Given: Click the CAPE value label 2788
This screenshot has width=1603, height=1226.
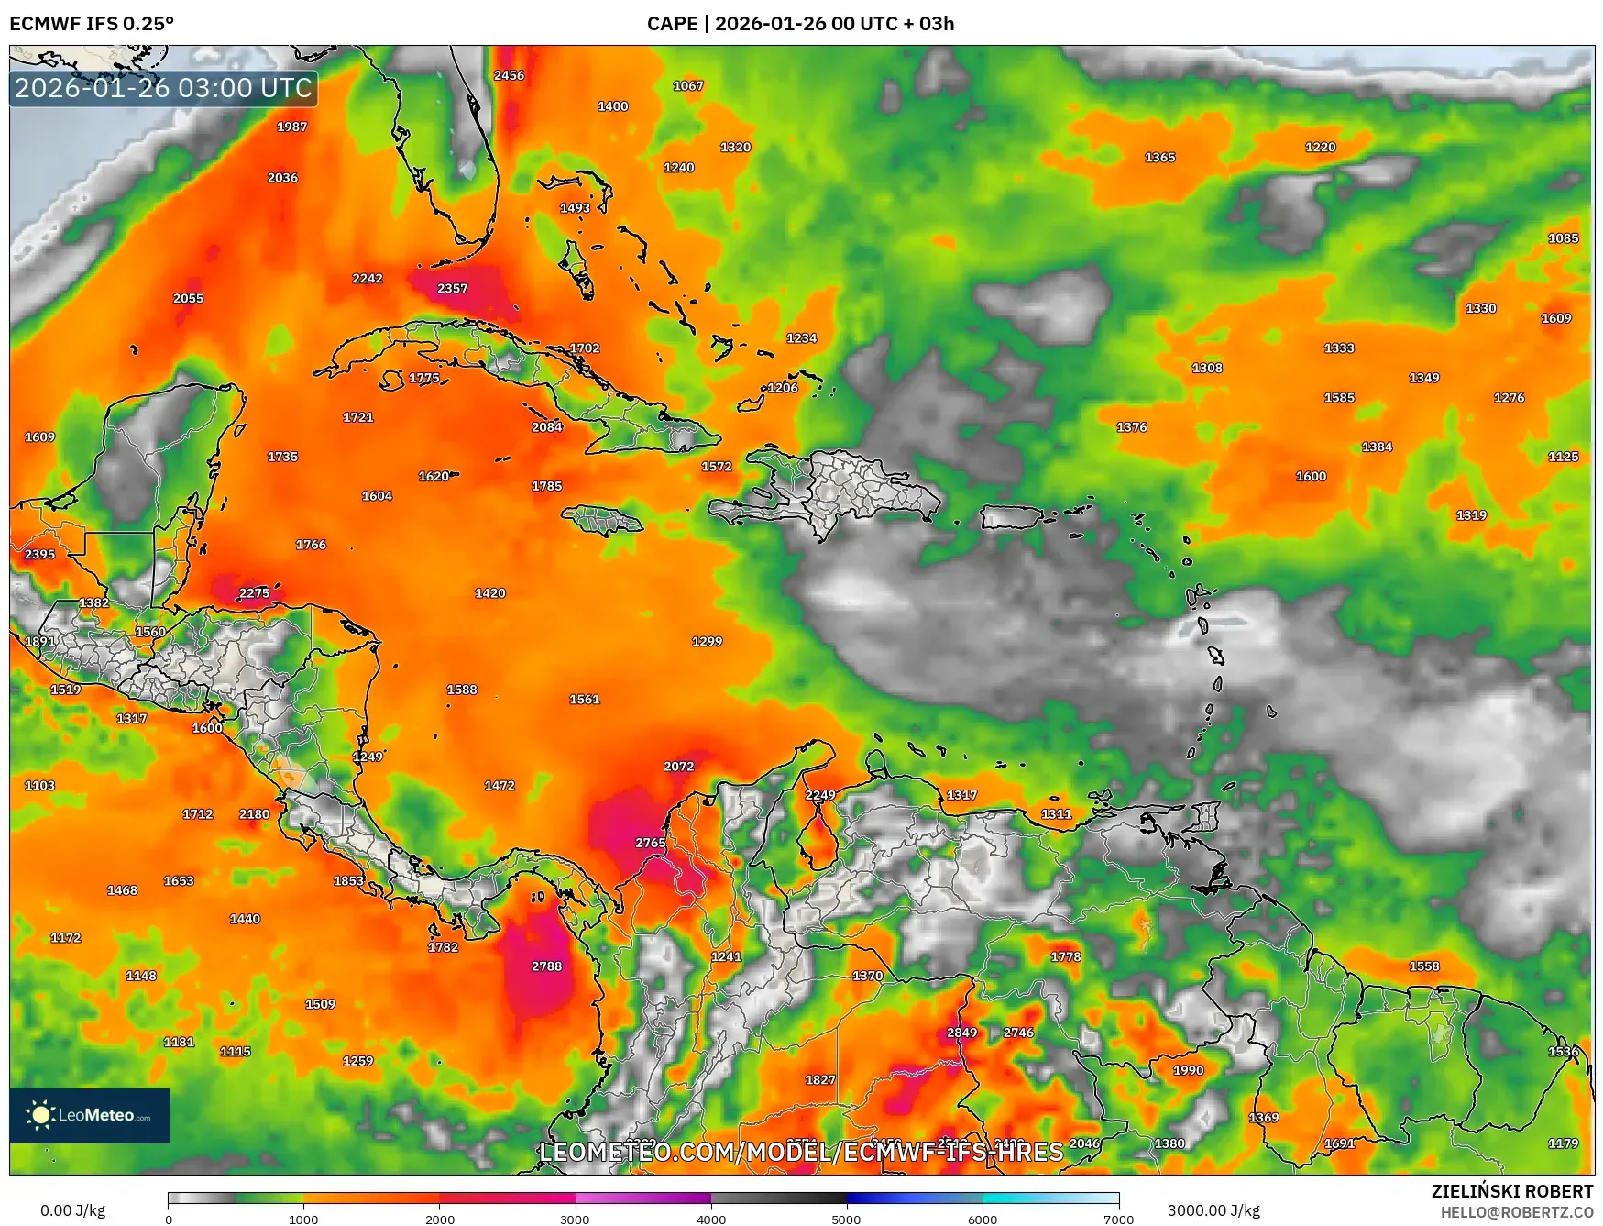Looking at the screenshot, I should pos(546,966).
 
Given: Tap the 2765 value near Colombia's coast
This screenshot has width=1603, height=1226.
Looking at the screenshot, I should pos(651,843).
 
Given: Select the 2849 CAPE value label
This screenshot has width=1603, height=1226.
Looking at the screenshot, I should pos(961,1033).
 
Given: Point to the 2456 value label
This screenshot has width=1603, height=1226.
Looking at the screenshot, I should pos(509,75).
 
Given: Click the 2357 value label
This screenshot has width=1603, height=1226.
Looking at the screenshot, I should pos(452,288).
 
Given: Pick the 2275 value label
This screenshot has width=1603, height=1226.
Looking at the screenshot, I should pos(254,593).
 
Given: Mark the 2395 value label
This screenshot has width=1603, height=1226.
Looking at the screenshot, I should pos(39,554).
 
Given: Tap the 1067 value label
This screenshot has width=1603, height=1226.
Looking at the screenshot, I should pos(688,86).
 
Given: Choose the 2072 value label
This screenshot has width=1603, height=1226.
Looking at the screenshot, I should pos(678,766).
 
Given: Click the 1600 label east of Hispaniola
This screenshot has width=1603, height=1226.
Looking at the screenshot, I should pos(1311,476).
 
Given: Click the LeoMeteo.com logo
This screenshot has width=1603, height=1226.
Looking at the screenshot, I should pos(90,1115).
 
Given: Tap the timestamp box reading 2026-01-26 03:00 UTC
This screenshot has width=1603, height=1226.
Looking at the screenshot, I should pos(163,88).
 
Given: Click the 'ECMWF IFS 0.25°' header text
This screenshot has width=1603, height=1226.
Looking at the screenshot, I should pos(92,24).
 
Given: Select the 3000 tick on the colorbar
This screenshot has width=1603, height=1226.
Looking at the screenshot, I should pos(575,1219).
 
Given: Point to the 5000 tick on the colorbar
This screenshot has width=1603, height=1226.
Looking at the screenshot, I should pos(846,1219).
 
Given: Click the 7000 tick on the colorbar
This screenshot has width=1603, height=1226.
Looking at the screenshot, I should pos(1118,1219).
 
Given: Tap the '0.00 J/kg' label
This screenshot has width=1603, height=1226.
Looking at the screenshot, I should pos(72,1210).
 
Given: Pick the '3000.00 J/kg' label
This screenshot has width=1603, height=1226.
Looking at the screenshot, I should pos(1213,1210).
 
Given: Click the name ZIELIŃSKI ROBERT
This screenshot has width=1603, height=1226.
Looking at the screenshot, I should pos(1512,1191).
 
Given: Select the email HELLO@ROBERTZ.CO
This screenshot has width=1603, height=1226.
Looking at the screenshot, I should pos(1516,1212).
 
